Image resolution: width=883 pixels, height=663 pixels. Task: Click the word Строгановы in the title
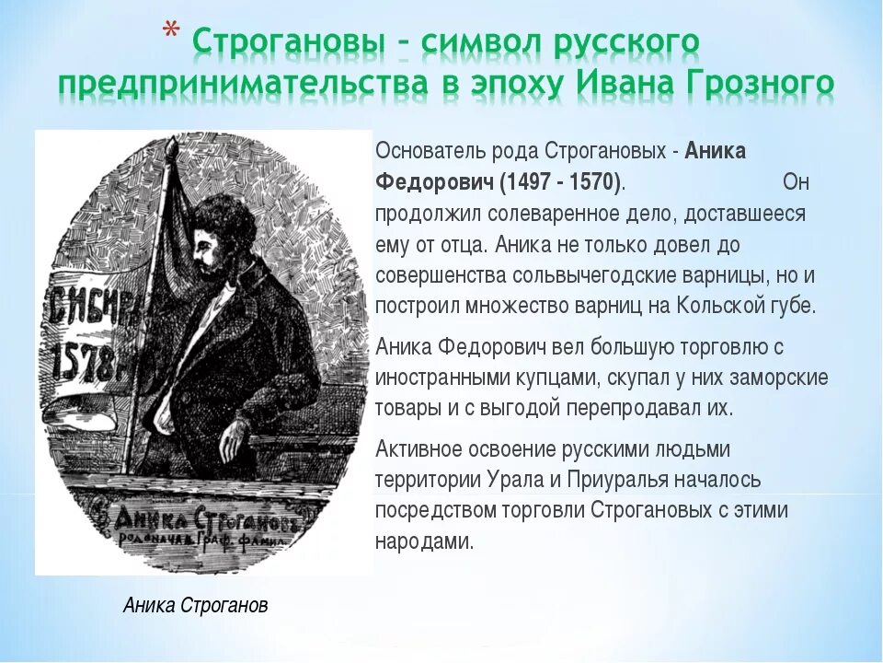[x=281, y=42]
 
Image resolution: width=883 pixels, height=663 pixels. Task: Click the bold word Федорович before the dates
[x=433, y=182]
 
